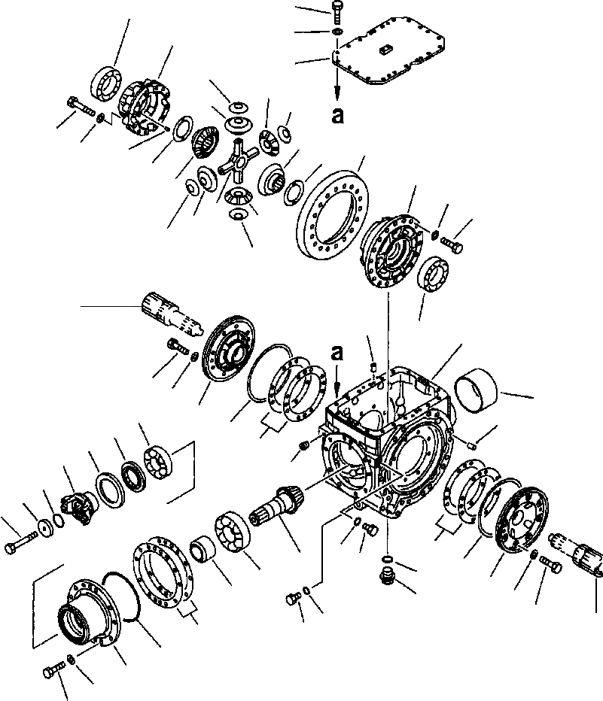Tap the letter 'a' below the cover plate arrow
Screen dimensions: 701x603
337,115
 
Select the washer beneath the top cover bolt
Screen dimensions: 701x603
337,32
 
